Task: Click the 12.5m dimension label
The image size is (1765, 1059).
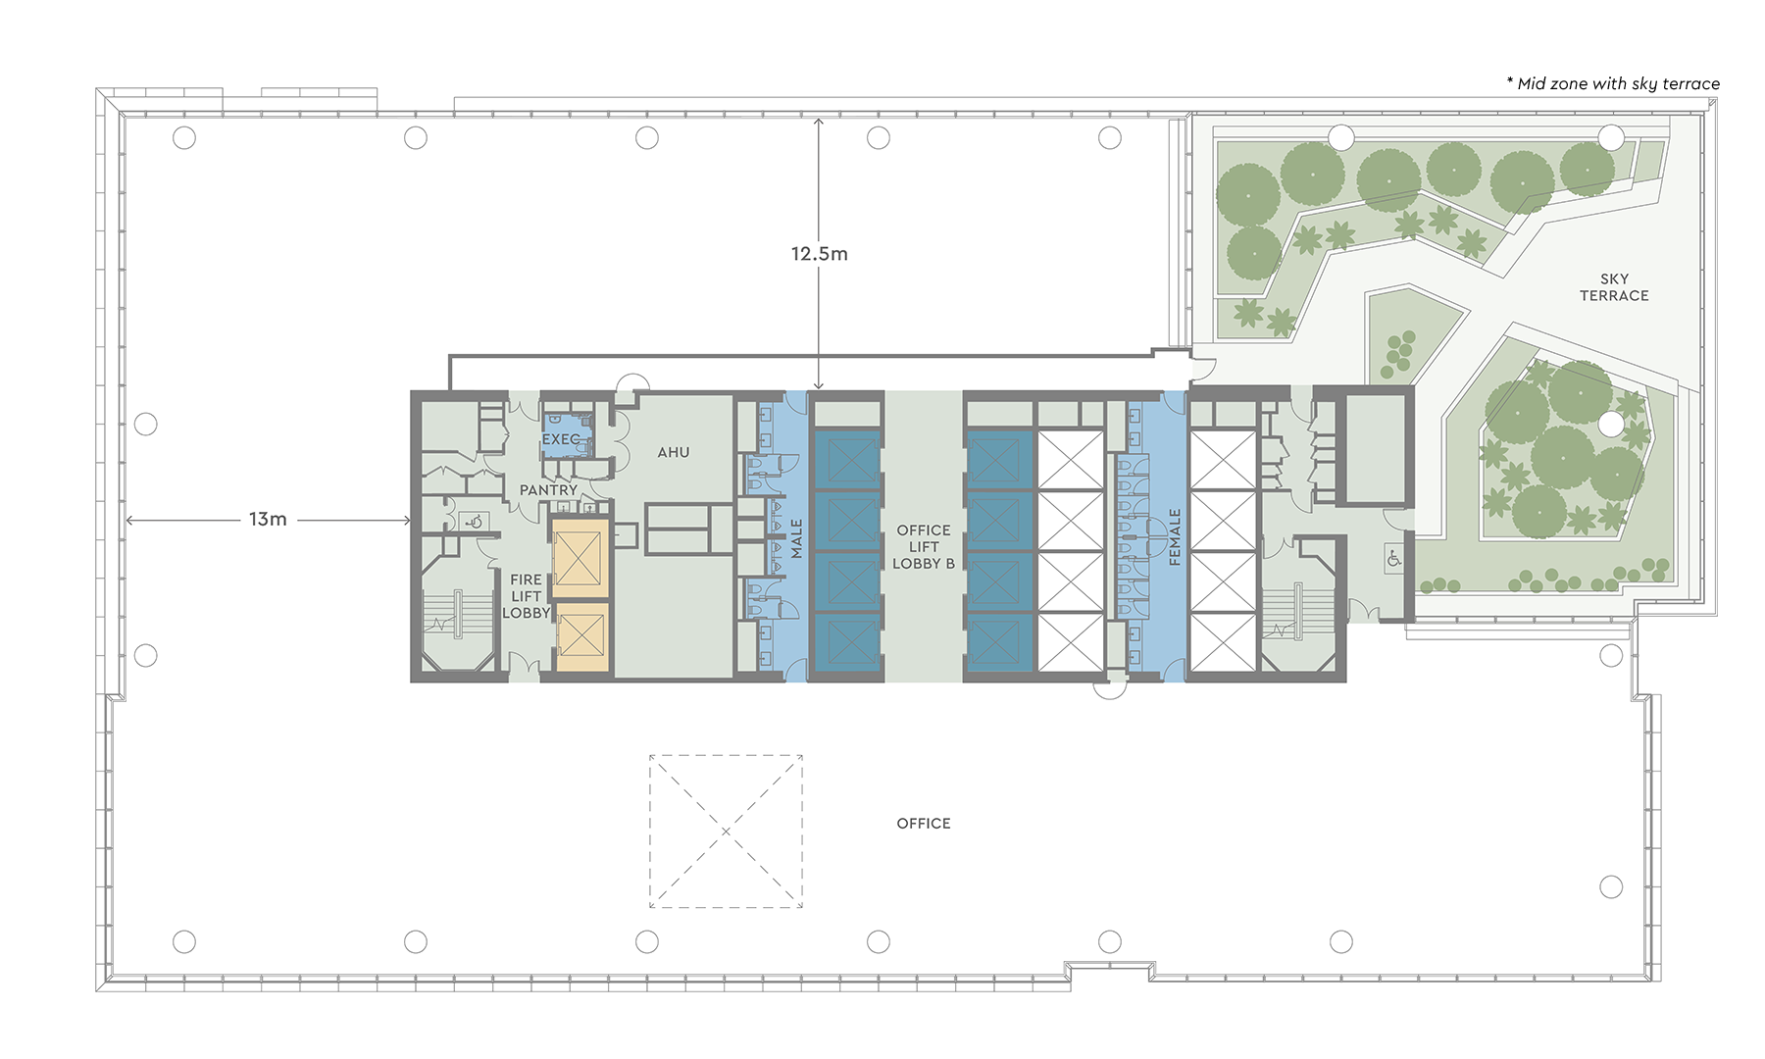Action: pos(819,254)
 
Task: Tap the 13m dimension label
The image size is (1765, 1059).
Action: pos(268,520)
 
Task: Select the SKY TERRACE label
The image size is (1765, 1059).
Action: pos(1614,287)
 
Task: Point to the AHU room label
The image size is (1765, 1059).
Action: pos(674,452)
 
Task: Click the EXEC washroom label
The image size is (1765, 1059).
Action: pos(562,439)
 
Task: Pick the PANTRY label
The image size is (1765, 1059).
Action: pos(548,489)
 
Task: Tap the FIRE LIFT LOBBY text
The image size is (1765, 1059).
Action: pos(526,596)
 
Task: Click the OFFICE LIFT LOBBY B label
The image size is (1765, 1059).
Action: pos(924,547)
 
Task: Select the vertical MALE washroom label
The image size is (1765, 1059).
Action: pos(796,539)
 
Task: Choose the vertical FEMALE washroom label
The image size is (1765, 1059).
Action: pos(1175,537)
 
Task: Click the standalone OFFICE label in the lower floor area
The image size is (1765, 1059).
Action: pos(924,824)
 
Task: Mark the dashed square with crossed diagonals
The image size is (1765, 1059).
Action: pos(726,832)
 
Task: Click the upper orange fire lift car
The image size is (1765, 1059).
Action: pos(580,557)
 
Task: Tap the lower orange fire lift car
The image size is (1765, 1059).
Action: pos(581,637)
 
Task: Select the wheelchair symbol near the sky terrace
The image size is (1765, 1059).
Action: pos(1393,559)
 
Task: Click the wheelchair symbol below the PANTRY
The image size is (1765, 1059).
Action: pos(474,522)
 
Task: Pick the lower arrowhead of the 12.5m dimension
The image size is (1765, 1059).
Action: pos(819,385)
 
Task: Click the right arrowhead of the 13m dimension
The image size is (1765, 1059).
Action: pos(406,521)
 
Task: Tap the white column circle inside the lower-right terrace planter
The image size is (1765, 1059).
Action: pos(1611,424)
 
